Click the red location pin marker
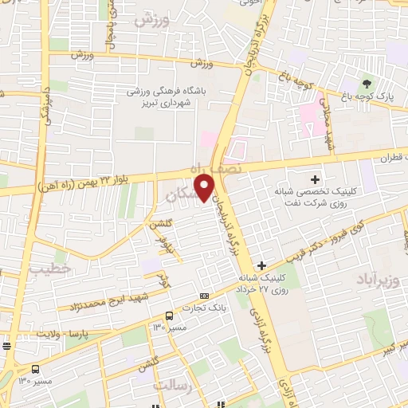pyautogui.click(x=206, y=187)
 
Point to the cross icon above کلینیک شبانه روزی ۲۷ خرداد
pyautogui.click(x=261, y=265)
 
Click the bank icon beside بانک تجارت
pyautogui.click(x=205, y=295)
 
